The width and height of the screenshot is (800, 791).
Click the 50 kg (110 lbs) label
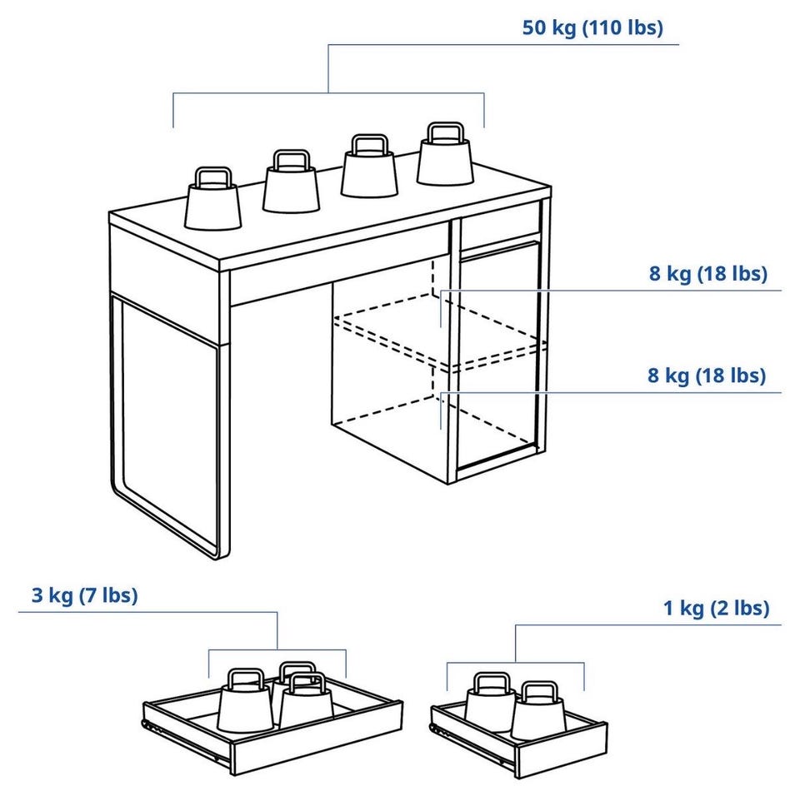[x=592, y=27]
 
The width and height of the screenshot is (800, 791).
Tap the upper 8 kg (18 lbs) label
[x=708, y=274]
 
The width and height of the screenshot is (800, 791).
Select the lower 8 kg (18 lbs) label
[x=707, y=376]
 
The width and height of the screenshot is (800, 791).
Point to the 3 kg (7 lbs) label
[x=85, y=595]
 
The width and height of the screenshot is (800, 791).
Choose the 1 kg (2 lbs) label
[x=717, y=608]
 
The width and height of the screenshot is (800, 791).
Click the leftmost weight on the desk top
[x=212, y=199]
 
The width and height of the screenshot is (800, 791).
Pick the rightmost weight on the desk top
[x=445, y=154]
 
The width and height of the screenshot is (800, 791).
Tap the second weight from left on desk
[x=292, y=182]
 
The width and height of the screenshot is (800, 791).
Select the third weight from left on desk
[x=369, y=166]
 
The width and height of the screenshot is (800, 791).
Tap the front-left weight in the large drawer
[x=244, y=702]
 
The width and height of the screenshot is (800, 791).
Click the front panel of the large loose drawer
[x=317, y=739]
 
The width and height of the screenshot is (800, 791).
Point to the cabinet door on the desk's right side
[x=498, y=356]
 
